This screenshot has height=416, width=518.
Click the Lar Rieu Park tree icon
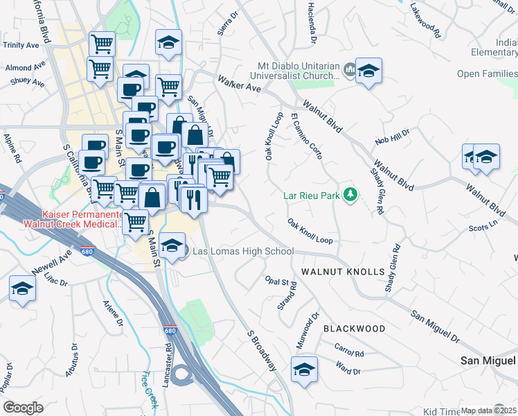[x=350, y=195]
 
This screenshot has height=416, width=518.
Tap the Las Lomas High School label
[x=243, y=252]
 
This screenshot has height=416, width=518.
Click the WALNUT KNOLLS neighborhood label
[x=341, y=271]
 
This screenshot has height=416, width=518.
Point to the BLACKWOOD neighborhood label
[x=353, y=328]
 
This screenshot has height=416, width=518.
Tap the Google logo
[x=23, y=408]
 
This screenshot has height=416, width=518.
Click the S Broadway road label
[x=262, y=349]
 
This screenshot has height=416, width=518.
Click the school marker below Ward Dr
[x=303, y=369]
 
